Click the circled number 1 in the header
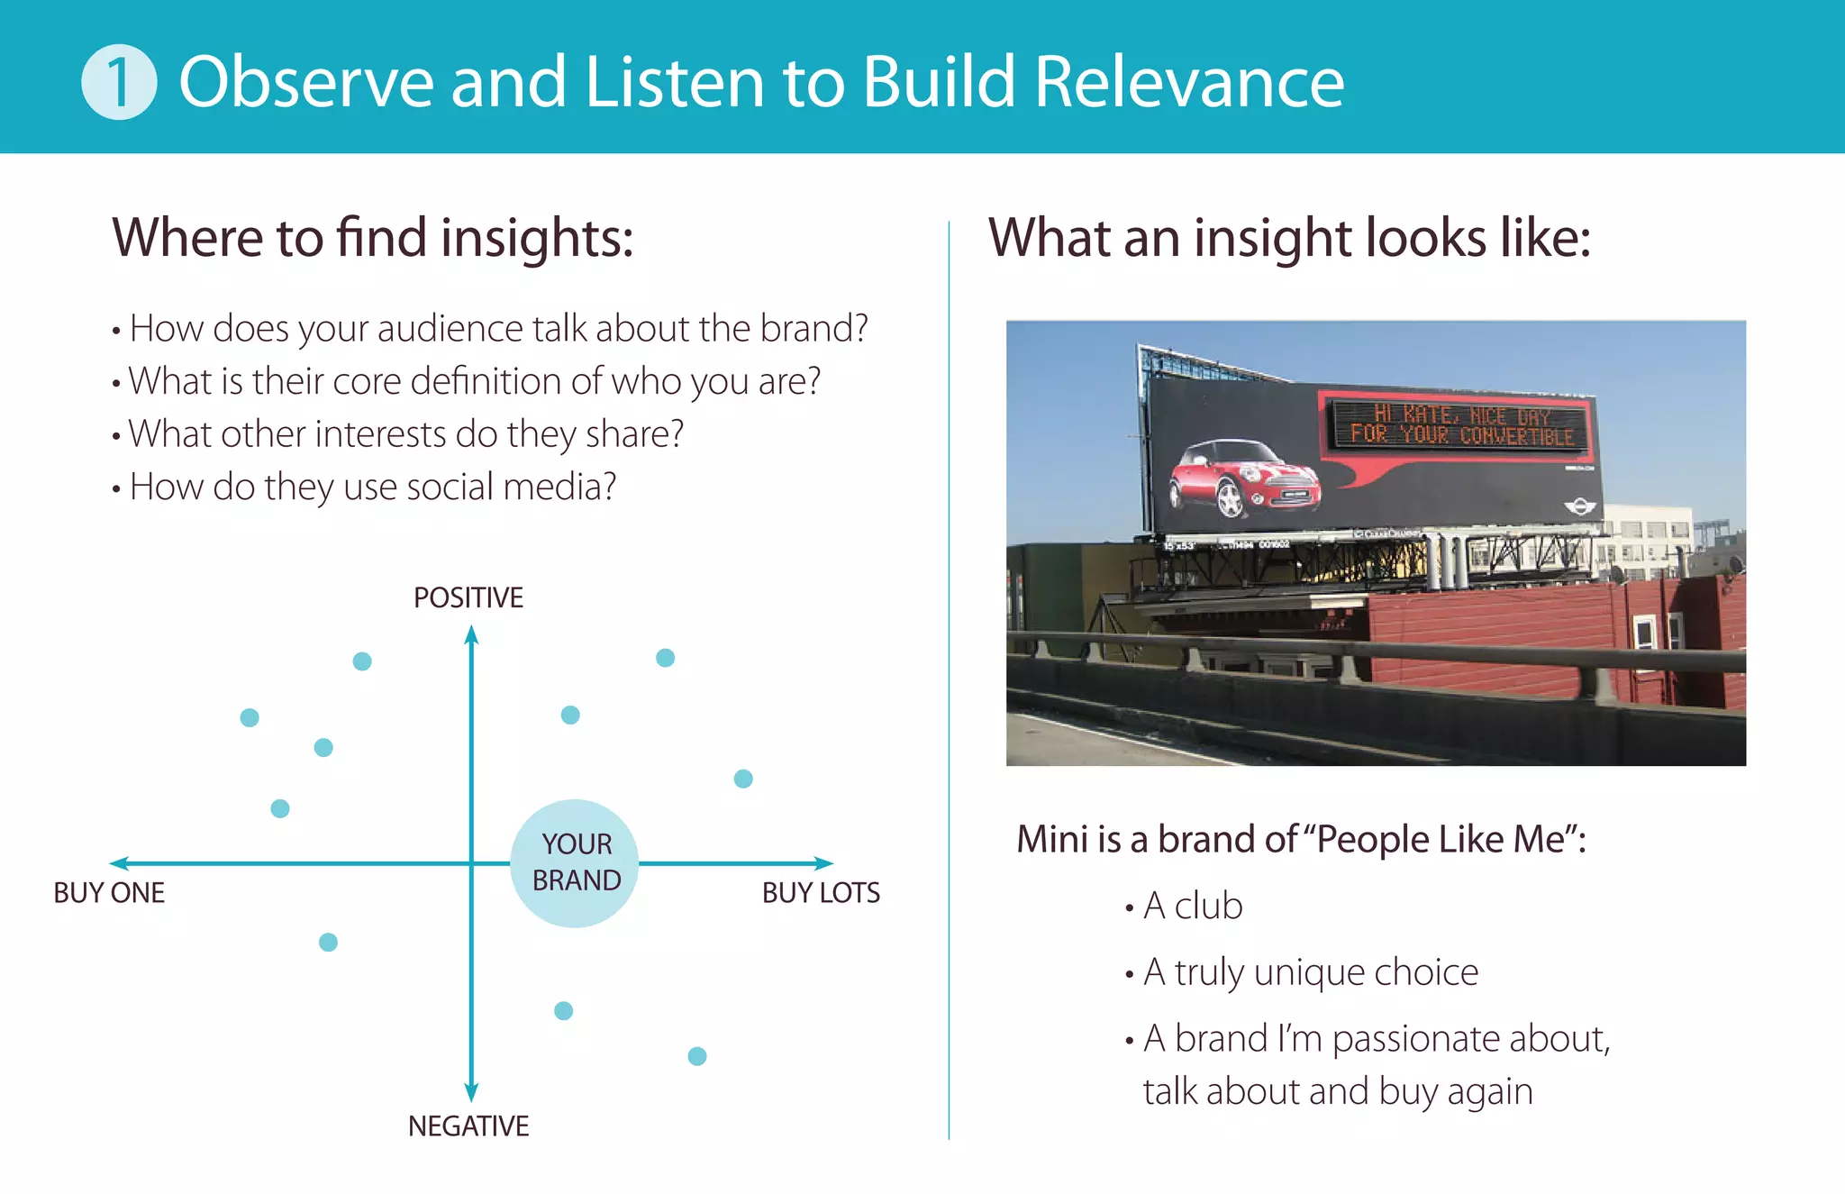pyautogui.click(x=119, y=82)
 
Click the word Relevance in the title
pyautogui.click(x=1189, y=82)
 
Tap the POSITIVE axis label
pyautogui.click(x=468, y=597)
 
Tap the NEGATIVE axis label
pyautogui.click(x=468, y=1126)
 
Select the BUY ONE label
pyautogui.click(x=109, y=893)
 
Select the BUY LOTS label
pyautogui.click(x=821, y=893)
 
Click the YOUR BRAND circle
pyautogui.click(x=575, y=863)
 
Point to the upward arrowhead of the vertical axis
pyautogui.click(x=471, y=636)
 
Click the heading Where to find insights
pyautogui.click(x=373, y=238)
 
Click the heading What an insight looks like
pyautogui.click(x=1289, y=238)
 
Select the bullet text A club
pyautogui.click(x=1193, y=906)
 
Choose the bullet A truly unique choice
pyautogui.click(x=1311, y=972)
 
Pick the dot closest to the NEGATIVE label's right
pyautogui.click(x=697, y=1056)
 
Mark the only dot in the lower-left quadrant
pyautogui.click(x=329, y=943)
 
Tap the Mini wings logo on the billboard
pyautogui.click(x=1578, y=506)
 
